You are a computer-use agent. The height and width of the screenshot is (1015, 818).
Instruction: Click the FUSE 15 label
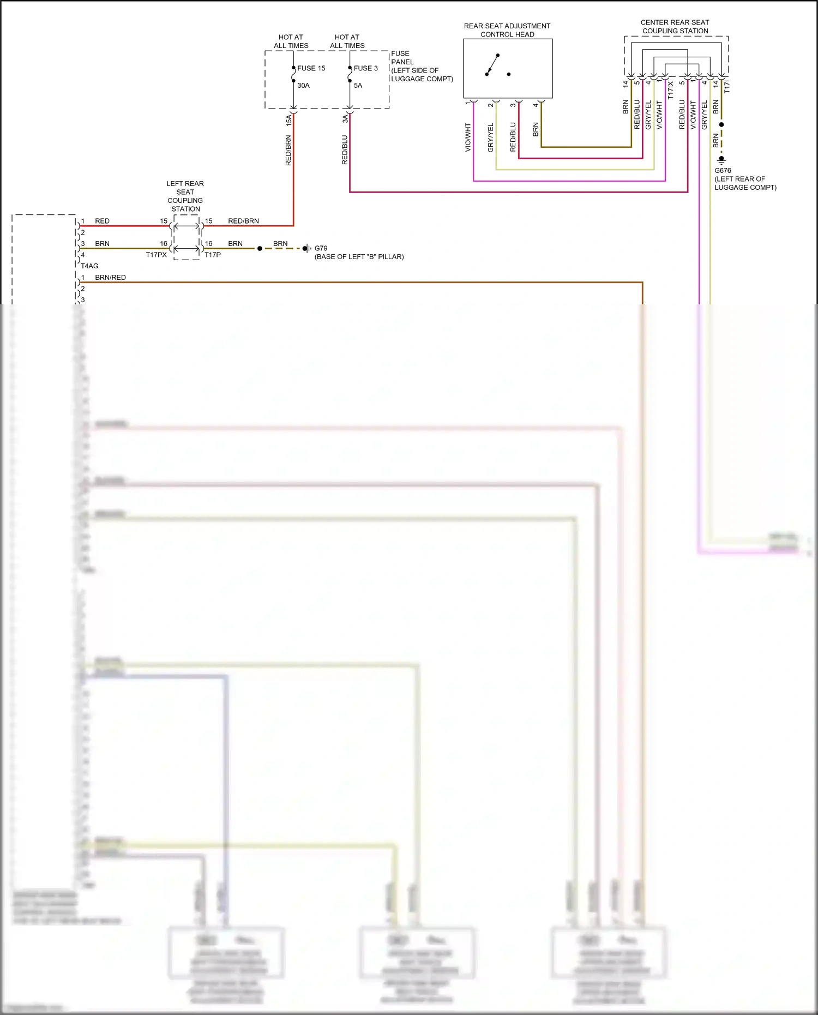[x=311, y=68]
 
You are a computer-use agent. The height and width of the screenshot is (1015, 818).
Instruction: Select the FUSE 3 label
[x=365, y=68]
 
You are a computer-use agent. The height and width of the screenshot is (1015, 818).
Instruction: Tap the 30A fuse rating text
[x=303, y=86]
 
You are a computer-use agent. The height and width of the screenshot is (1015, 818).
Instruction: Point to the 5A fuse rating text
[x=358, y=86]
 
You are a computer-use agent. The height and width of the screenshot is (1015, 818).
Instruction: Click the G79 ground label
[x=321, y=248]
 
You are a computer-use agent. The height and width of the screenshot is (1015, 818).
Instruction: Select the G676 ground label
[x=723, y=171]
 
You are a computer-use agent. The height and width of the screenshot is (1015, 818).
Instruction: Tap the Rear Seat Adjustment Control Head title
[x=507, y=30]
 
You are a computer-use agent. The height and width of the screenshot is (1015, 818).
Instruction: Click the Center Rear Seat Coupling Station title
[x=675, y=27]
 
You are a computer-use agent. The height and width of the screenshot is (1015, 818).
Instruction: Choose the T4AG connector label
[x=90, y=266]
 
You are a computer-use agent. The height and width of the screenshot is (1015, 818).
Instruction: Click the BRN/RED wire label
[x=110, y=278]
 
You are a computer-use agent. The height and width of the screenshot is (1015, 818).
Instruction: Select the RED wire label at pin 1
[x=102, y=221]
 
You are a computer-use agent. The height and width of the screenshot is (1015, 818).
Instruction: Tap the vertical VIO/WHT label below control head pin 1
[x=468, y=137]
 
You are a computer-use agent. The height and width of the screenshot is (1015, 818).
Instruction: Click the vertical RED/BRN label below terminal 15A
[x=288, y=151]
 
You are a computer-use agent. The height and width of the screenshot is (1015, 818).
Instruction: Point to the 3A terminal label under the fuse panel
[x=345, y=118]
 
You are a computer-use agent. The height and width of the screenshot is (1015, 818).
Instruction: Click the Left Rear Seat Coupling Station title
[x=185, y=196]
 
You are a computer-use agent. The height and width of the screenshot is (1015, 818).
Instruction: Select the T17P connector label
[x=213, y=255]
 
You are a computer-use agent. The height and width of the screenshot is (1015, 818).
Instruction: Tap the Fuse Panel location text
[x=421, y=66]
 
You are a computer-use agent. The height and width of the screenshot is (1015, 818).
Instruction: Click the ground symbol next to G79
[x=306, y=249]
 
